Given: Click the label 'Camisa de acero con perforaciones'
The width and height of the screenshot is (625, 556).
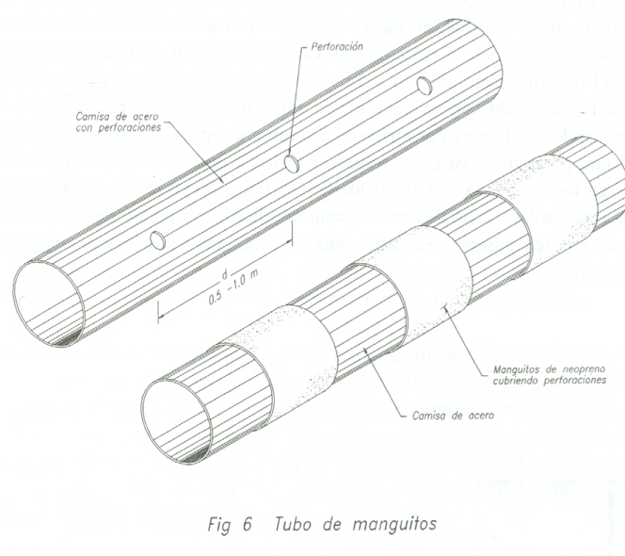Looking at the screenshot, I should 116,122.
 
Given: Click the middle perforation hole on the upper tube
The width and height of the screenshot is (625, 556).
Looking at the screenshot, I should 292,164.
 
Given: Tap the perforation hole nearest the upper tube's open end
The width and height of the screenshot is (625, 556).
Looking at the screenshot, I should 158,239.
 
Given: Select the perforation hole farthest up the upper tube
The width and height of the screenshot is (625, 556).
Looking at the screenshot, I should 424,87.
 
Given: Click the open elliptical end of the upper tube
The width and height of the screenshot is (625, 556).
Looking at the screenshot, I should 52,302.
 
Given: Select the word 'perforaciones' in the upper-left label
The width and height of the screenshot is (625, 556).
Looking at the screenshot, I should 128,127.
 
